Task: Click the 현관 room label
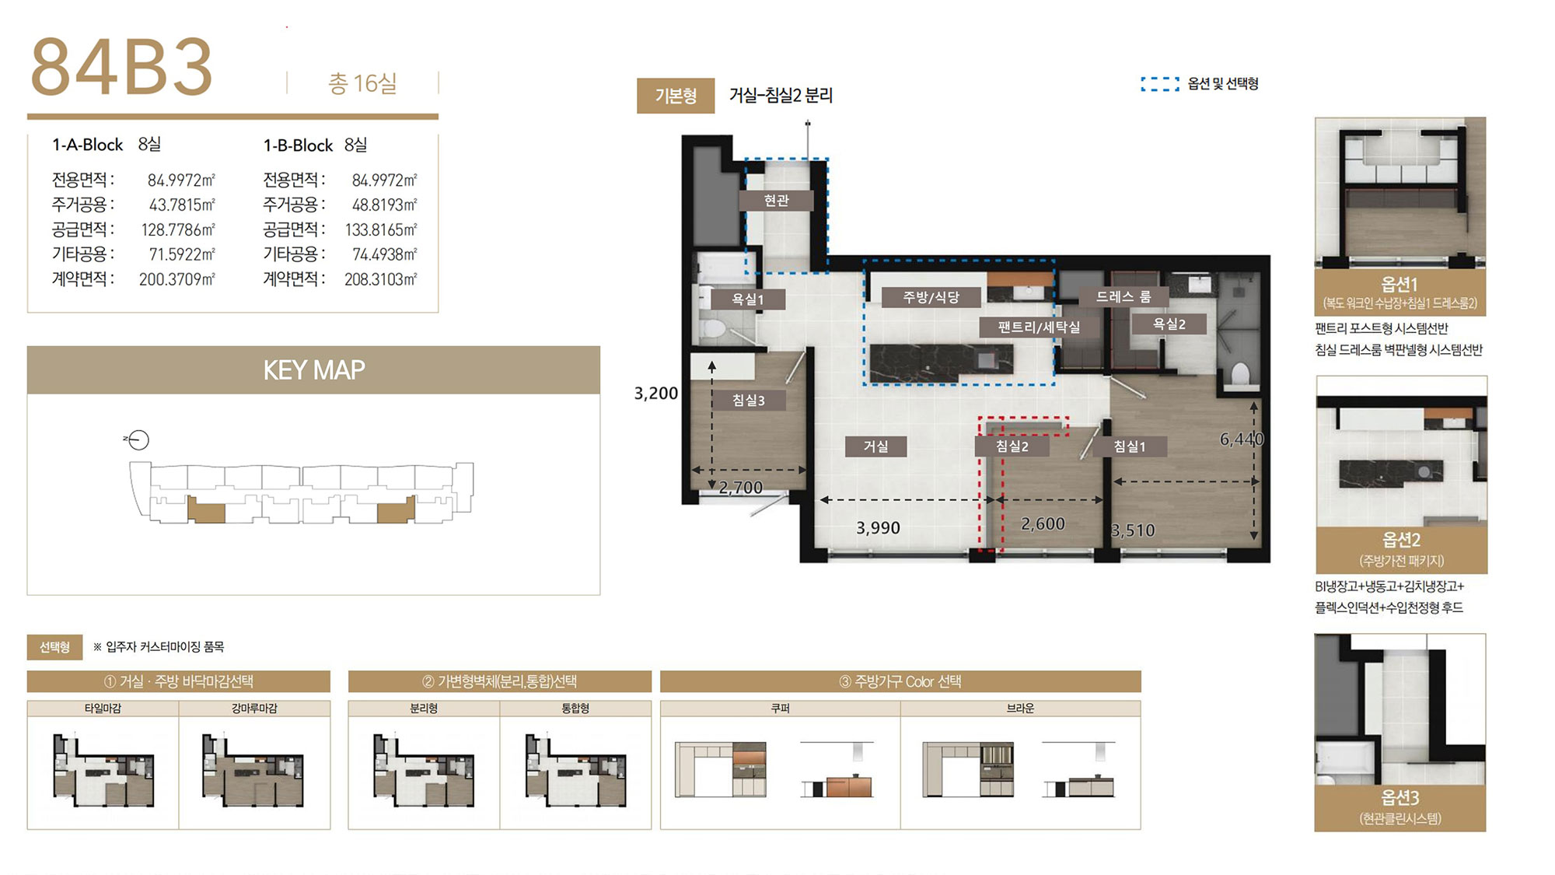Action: [x=776, y=201]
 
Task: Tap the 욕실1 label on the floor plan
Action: [x=747, y=299]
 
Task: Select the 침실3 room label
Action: [x=748, y=401]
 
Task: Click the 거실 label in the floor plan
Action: [x=875, y=446]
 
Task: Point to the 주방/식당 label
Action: [x=931, y=297]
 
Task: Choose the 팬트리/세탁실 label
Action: [x=1039, y=327]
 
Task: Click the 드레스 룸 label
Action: [x=1123, y=296]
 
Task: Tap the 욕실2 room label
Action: [x=1169, y=324]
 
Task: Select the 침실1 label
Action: [x=1129, y=446]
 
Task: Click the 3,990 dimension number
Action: [x=878, y=528]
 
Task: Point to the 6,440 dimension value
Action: [x=1242, y=439]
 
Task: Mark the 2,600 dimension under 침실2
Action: [x=1043, y=524]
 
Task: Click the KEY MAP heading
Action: [x=314, y=370]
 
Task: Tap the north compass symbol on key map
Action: [x=138, y=440]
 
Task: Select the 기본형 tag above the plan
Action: [x=676, y=96]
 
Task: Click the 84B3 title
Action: [x=121, y=68]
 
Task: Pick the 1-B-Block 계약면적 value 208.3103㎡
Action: [x=381, y=279]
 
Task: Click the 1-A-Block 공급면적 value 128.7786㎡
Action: [x=178, y=229]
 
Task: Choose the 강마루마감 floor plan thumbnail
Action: [x=253, y=769]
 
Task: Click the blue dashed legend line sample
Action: [x=1160, y=84]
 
